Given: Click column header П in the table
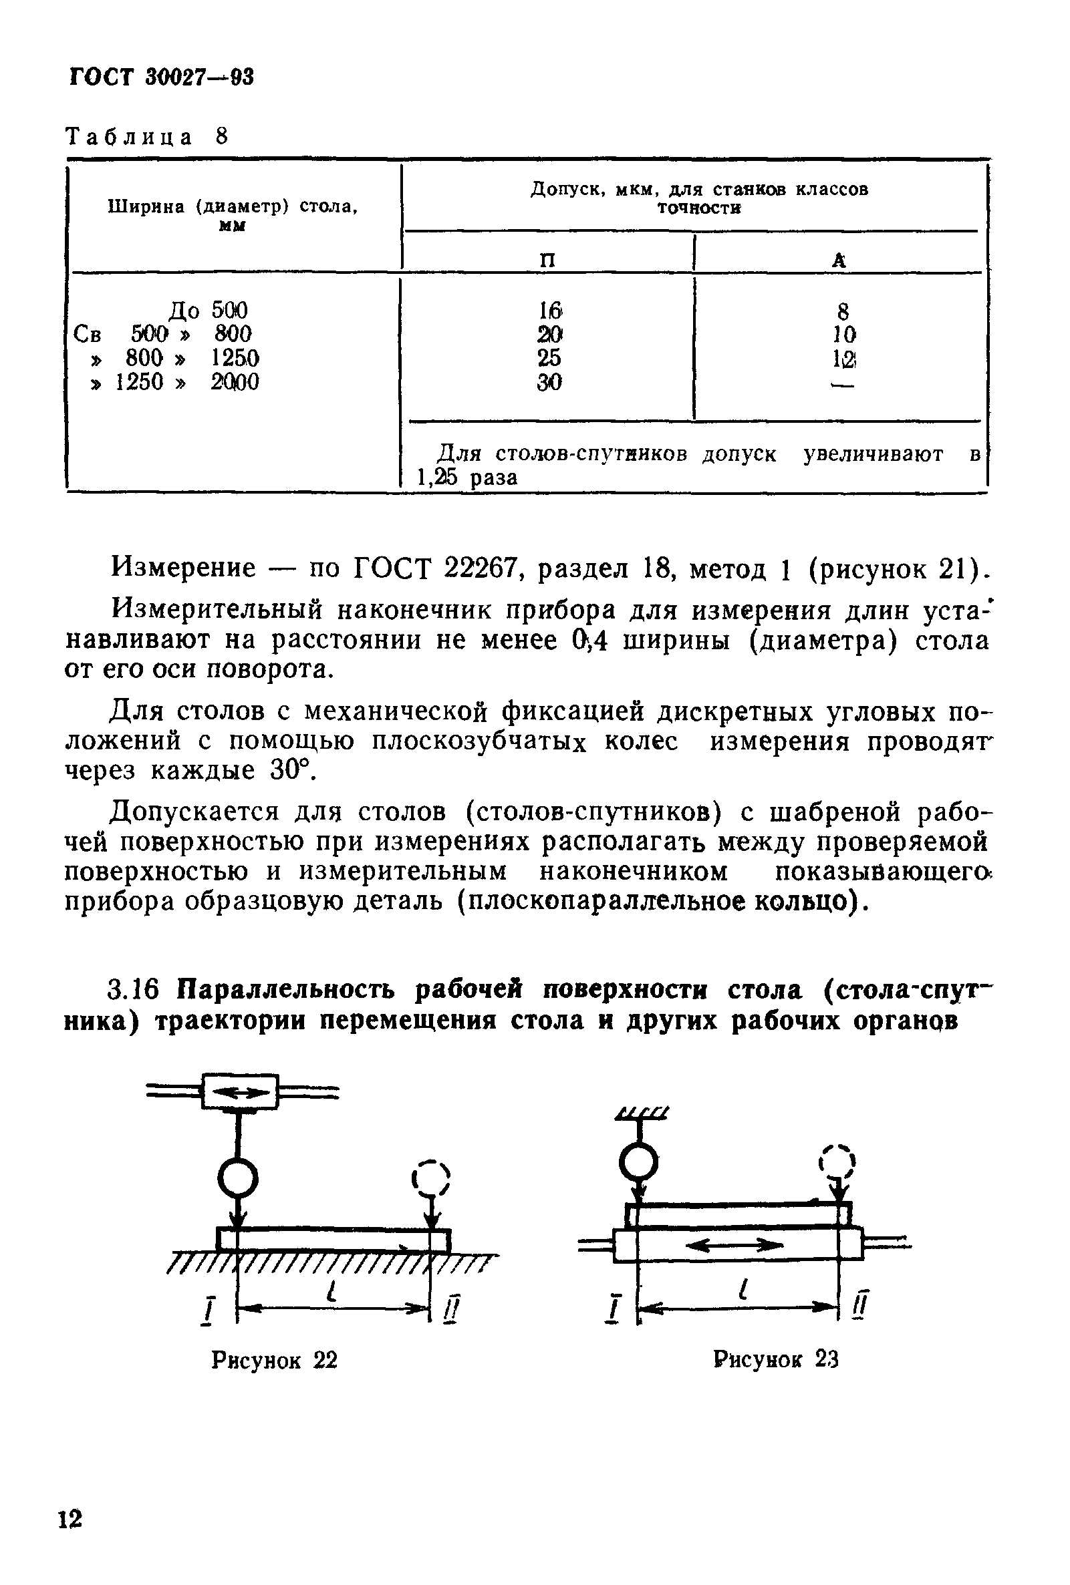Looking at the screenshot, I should pyautogui.click(x=547, y=260).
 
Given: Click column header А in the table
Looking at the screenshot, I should pyautogui.click(x=839, y=260).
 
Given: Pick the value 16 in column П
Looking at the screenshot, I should pyautogui.click(x=549, y=311).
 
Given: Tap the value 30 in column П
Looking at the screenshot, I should pyautogui.click(x=549, y=383).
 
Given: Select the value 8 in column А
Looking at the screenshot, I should pyautogui.click(x=843, y=312).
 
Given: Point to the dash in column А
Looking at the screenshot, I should pyautogui.click(x=843, y=385).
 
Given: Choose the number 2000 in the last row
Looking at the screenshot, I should pyautogui.click(x=235, y=382).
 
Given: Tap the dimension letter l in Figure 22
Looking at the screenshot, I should pyautogui.click(x=332, y=1290).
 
